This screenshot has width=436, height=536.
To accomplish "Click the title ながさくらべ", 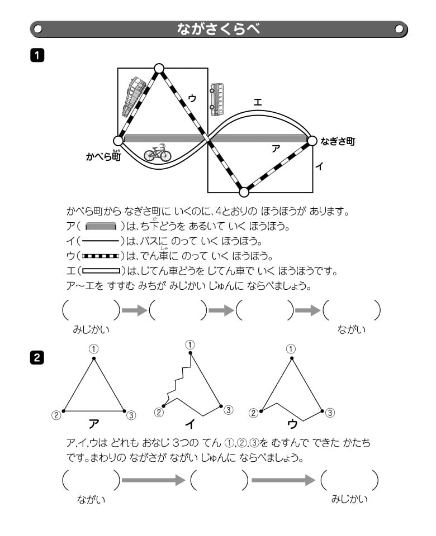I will click(x=218, y=28).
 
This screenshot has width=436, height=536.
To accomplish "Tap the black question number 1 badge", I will click(x=37, y=55).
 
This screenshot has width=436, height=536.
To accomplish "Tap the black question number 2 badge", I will click(x=37, y=358).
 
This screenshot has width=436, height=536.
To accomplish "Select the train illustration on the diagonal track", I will click(x=134, y=97).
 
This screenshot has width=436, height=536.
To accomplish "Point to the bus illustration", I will click(x=217, y=99).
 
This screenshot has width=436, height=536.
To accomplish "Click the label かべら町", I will click(x=103, y=157).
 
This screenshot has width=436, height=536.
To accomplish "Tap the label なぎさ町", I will click(x=338, y=142).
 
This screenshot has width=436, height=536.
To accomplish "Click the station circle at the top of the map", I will click(x=159, y=69).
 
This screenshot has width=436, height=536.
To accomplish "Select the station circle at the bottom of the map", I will click(x=244, y=192).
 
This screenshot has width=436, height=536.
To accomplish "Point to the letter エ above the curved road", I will click(x=257, y=102).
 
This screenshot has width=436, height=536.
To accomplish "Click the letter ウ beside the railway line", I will click(x=192, y=98).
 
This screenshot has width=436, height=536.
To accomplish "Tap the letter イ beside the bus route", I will click(x=319, y=166).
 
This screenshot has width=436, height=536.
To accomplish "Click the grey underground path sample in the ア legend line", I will click(x=101, y=227).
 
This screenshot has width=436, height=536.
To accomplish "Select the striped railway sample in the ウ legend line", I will click(x=101, y=256).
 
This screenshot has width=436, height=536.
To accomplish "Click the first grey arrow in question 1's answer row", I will click(x=134, y=310).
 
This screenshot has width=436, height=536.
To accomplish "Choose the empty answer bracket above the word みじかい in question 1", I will click(x=91, y=310).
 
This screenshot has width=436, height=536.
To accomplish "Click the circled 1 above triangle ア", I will click(x=94, y=349).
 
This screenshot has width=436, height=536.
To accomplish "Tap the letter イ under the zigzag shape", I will click(x=189, y=424).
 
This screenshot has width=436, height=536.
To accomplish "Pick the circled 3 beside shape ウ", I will click(x=330, y=413).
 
